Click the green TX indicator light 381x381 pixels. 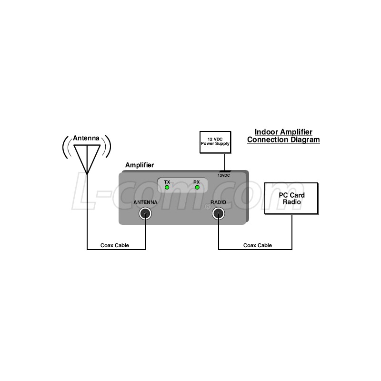pyautogui.click(x=167, y=187)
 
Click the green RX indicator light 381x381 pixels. pyautogui.click(x=197, y=187)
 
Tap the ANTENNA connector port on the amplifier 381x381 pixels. pyautogui.click(x=145, y=214)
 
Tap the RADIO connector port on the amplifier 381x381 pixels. pyautogui.click(x=219, y=214)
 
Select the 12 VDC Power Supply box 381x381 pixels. pyautogui.click(x=215, y=142)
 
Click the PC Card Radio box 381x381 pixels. pyautogui.click(x=291, y=199)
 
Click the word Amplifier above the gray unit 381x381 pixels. pyautogui.click(x=140, y=165)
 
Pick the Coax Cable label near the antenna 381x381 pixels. pyautogui.click(x=115, y=245)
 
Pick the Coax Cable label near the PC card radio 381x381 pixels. pyautogui.click(x=258, y=245)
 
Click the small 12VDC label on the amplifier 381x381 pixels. pyautogui.click(x=223, y=175)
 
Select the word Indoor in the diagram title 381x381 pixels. pyautogui.click(x=267, y=132)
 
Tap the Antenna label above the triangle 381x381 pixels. pyautogui.click(x=86, y=138)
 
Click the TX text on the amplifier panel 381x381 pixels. pyautogui.click(x=167, y=182)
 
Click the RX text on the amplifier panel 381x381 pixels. pyautogui.click(x=197, y=182)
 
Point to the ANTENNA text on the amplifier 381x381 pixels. pyautogui.click(x=145, y=202)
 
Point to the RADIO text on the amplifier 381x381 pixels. pyautogui.click(x=218, y=202)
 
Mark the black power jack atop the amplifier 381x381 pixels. pyautogui.click(x=225, y=171)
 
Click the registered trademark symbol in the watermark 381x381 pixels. pyautogui.click(x=208, y=207)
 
